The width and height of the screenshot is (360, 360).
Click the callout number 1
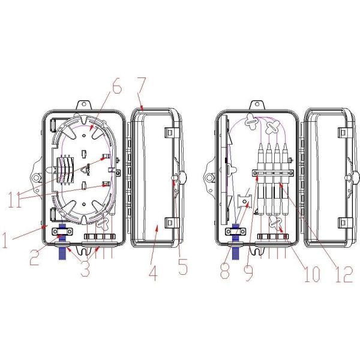[x=5, y=240]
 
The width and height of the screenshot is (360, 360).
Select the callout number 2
[x=34, y=257]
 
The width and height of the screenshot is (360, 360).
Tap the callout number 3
[x=85, y=269]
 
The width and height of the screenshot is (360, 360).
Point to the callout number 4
[x=153, y=273]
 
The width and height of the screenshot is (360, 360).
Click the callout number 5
[x=183, y=267]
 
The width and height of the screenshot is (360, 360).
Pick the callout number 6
[x=117, y=86]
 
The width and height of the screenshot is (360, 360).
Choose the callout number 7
[x=141, y=85]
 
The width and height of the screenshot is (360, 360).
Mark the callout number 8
[x=225, y=271]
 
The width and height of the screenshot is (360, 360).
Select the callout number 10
[x=312, y=274]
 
